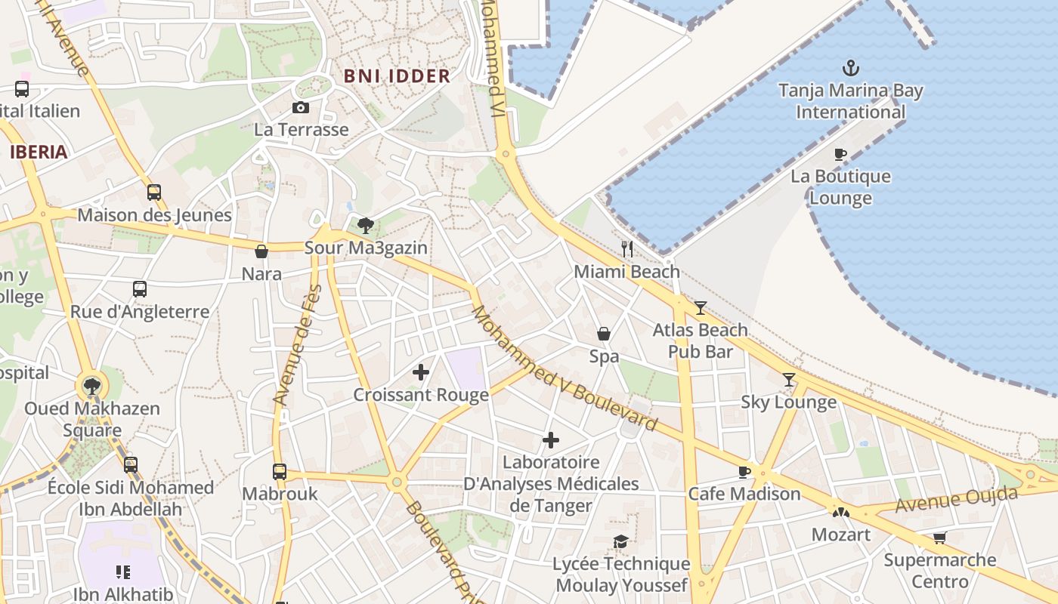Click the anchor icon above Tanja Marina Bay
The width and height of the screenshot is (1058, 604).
click(851, 68)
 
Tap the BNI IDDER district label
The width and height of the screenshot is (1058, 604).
click(397, 76)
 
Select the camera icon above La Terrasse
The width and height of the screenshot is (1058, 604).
click(301, 108)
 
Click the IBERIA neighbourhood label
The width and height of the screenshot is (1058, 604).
click(39, 152)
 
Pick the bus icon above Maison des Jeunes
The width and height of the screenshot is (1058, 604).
click(154, 193)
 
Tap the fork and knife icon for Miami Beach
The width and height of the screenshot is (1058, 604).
click(626, 248)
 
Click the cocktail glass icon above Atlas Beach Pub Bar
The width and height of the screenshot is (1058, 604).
click(701, 307)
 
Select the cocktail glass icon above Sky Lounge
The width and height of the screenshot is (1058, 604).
click(789, 380)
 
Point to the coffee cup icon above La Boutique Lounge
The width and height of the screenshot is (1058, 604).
click(840, 155)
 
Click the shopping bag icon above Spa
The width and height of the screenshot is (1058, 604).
click(604, 334)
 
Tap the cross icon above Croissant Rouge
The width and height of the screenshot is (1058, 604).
click(421, 372)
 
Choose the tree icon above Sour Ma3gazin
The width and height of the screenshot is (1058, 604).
click(366, 225)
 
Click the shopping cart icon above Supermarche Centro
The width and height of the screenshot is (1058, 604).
click(939, 538)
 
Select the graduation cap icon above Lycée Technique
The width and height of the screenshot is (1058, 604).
click(620, 541)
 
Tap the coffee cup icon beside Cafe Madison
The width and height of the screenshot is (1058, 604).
click(744, 473)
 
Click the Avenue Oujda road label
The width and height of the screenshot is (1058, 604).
click(956, 501)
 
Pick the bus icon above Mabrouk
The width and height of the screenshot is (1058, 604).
click(280, 472)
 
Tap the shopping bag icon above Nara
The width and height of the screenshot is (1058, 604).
click(261, 251)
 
